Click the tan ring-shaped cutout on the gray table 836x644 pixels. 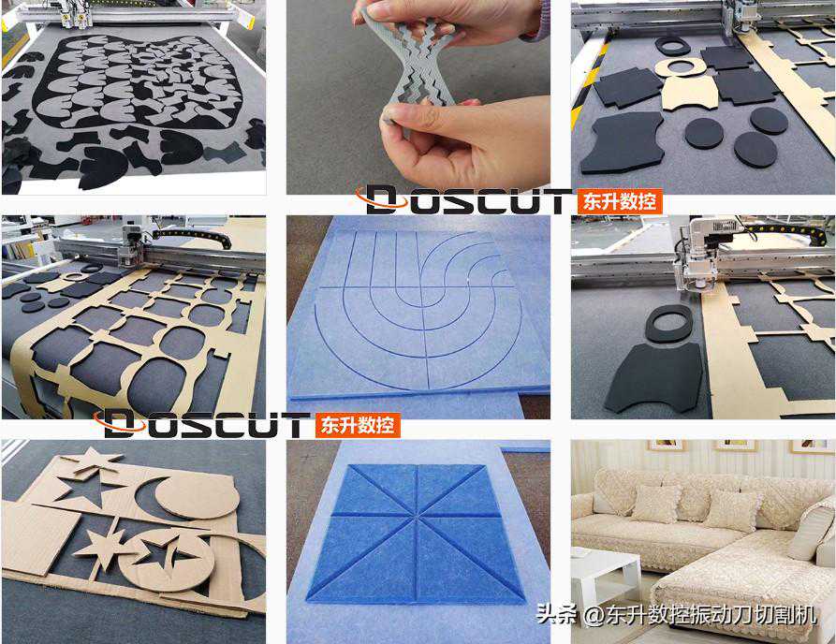click(x=678, y=68)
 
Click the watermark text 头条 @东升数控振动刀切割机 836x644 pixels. click(x=677, y=615)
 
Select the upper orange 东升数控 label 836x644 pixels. click(x=619, y=202)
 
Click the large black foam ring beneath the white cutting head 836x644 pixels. click(x=669, y=323)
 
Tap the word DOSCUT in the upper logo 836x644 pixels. click(x=464, y=200)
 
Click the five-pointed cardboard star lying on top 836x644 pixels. click(x=94, y=460)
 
